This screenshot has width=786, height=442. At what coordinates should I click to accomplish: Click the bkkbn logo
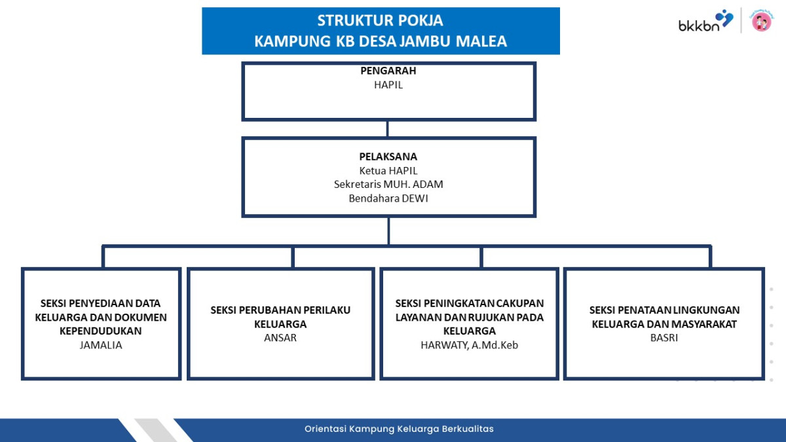705,21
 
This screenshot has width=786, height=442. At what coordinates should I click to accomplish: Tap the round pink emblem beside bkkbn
761,21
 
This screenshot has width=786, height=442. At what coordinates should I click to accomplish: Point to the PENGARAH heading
388,71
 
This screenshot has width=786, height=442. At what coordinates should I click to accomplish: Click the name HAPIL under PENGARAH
388,85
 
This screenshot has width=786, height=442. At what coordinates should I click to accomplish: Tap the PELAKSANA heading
388,157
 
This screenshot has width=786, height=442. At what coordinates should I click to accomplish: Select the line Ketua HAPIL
388,171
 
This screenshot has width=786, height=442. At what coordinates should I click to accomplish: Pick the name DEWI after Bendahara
415,198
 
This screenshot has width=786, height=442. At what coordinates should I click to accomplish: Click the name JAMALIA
101,345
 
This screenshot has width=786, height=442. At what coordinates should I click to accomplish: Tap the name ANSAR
280,338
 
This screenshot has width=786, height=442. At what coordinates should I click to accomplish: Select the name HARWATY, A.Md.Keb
469,345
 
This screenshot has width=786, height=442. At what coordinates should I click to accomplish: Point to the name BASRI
664,338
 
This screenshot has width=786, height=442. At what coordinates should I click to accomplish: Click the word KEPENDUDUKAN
101,331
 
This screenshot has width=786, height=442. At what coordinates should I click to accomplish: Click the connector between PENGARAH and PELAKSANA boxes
387,129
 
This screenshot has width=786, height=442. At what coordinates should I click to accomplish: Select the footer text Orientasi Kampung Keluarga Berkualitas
399,429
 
